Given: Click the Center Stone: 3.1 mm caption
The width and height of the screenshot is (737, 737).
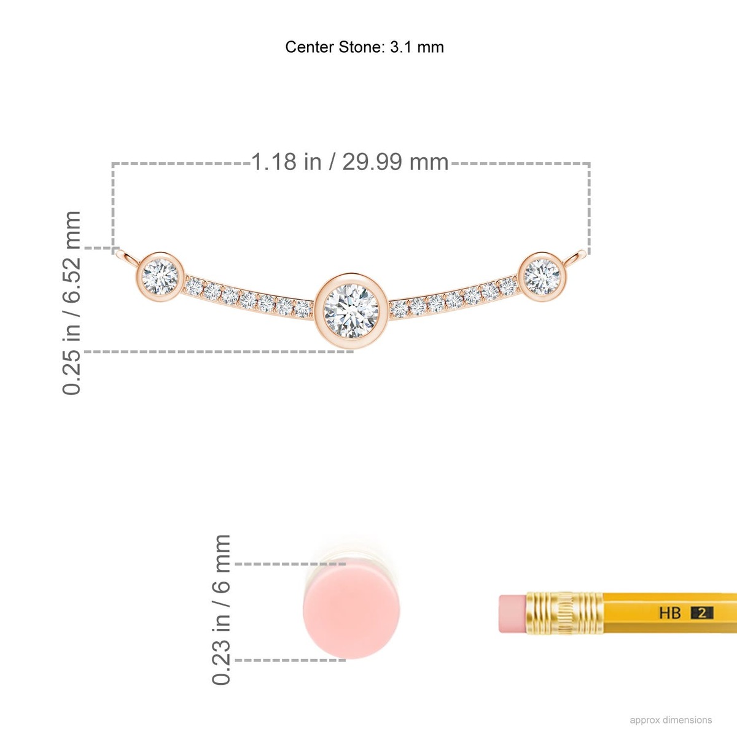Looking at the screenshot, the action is coord(364,47).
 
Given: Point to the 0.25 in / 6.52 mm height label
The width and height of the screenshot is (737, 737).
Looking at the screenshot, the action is coord(71,303).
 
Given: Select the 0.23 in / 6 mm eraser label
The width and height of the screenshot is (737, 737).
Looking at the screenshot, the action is coord(221,610).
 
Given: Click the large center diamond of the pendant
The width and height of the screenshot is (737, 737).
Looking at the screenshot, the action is coord(351,311).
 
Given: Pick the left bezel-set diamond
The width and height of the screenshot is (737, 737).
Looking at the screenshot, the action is coord(160,276).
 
